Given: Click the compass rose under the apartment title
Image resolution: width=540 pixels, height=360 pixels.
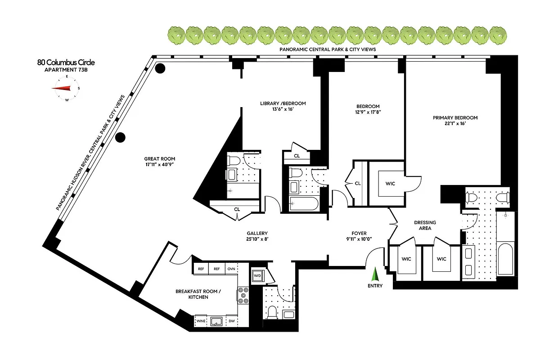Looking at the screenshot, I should click(66, 88).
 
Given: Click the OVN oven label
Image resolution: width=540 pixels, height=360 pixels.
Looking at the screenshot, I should click(231, 269).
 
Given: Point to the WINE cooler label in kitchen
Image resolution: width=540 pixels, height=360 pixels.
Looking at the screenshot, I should click(201, 321).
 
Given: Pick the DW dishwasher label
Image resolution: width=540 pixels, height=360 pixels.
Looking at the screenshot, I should click(231, 321).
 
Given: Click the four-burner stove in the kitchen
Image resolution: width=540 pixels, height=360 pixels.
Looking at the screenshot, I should click(243, 295).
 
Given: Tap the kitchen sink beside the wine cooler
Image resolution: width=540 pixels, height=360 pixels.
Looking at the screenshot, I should click(216, 321).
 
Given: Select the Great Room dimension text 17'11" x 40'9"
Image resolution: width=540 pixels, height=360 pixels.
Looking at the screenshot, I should click(159, 165).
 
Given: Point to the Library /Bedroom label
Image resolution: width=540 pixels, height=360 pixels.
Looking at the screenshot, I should click(283, 103).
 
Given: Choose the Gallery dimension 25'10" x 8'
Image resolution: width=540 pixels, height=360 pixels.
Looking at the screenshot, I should click(258, 239).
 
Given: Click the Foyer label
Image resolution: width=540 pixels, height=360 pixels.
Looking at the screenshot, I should click(359, 233).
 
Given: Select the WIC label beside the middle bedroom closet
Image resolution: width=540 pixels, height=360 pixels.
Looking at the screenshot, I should click(390, 184).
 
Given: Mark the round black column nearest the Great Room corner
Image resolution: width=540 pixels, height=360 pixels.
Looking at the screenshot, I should click(160, 69).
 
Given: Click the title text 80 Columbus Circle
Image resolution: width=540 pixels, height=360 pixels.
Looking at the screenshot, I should click(66, 63).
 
